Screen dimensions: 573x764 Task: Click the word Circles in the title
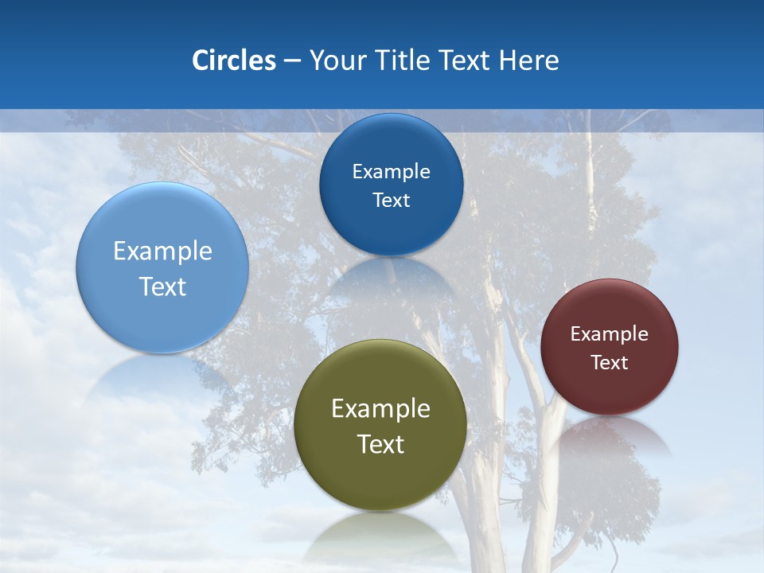[x=233, y=60]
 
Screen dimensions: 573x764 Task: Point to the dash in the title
[x=292, y=61]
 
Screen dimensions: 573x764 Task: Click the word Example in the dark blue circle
[x=391, y=171]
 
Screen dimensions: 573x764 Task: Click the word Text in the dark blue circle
[x=391, y=200]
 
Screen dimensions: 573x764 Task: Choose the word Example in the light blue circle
[x=162, y=251]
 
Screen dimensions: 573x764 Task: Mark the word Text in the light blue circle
[x=162, y=286]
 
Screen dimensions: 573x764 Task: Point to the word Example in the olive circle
[x=380, y=408]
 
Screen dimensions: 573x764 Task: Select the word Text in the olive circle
[x=380, y=444]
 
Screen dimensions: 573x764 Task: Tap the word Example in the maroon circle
[x=609, y=333]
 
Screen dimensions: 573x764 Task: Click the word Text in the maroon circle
[x=609, y=362]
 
